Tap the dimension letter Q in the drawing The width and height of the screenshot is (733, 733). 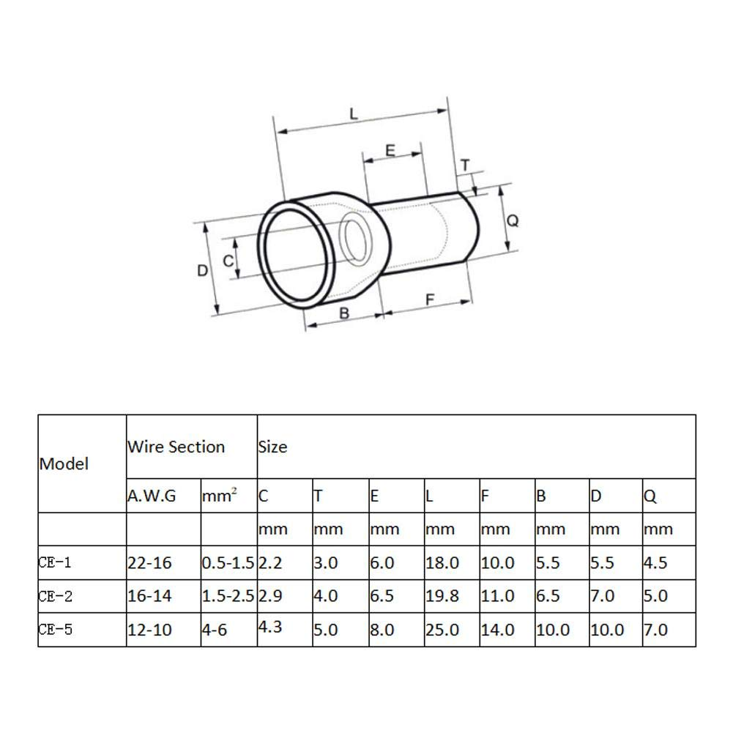coord(513,220)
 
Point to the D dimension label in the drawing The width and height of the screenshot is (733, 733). coord(203,270)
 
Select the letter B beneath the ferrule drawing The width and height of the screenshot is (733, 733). coord(344,313)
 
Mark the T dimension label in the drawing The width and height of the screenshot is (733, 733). coord(465,165)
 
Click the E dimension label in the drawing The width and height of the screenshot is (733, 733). coord(390,150)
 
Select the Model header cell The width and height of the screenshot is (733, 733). coord(64,464)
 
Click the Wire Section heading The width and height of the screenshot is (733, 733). coord(176,447)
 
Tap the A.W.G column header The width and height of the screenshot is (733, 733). coord(152,496)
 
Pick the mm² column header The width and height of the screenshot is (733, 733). coord(220,496)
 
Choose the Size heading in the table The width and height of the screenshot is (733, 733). coord(272,447)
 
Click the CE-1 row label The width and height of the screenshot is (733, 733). coord(56,563)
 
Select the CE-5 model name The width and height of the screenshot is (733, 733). coord(56,629)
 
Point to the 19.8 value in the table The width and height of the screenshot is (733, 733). coord(442,596)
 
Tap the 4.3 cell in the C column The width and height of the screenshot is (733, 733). coord(270,627)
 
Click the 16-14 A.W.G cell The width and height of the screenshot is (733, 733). coord(149,596)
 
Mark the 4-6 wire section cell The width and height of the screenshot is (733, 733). coord(215,629)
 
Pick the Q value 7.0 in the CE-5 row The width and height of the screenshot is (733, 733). coord(655,629)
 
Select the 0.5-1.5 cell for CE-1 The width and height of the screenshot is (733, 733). coord(228,563)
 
